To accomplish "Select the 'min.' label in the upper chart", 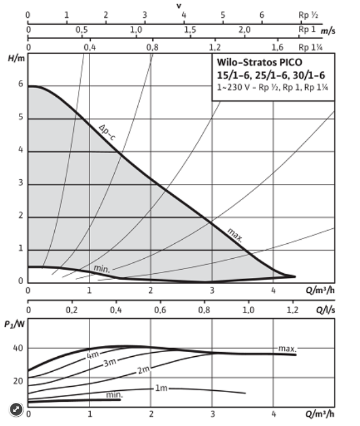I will click(102, 269).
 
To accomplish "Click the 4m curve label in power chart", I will click(93, 356).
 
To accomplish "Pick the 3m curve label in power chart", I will click(110, 363).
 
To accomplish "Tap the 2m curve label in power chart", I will click(144, 370).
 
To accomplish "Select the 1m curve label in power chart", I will click(161, 388).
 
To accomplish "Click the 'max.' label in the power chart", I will click(287, 349).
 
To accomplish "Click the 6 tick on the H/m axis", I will click(20, 85).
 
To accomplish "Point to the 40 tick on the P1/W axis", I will click(17, 348).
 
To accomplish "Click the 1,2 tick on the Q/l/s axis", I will click(292, 310).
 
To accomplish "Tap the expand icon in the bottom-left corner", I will click(17, 409).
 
